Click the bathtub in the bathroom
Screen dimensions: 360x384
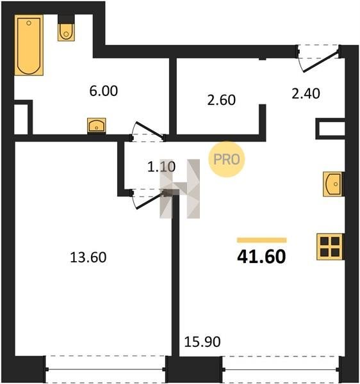[x=29, y=45]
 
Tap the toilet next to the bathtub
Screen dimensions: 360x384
[x=66, y=31]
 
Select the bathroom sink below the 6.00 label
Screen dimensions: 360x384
[x=97, y=125]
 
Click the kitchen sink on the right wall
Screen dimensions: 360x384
[x=333, y=184]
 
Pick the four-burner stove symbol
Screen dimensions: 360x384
[x=330, y=246]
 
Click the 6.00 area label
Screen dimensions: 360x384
[x=103, y=91]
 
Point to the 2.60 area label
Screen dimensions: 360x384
[x=221, y=100]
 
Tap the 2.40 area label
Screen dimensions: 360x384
[x=306, y=93]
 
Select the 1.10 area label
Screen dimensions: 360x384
[x=161, y=167]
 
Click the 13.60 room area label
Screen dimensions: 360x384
[x=88, y=257]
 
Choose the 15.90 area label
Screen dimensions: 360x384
[x=202, y=342]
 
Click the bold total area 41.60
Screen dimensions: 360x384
[x=261, y=257]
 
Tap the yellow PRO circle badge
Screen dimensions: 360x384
[x=226, y=159]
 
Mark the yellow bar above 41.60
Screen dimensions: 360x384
[x=262, y=240]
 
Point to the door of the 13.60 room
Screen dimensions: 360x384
[x=149, y=200]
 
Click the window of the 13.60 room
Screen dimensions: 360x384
[x=106, y=369]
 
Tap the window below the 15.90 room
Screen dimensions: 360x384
[x=281, y=369]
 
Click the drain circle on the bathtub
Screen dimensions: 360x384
[x=29, y=23]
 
